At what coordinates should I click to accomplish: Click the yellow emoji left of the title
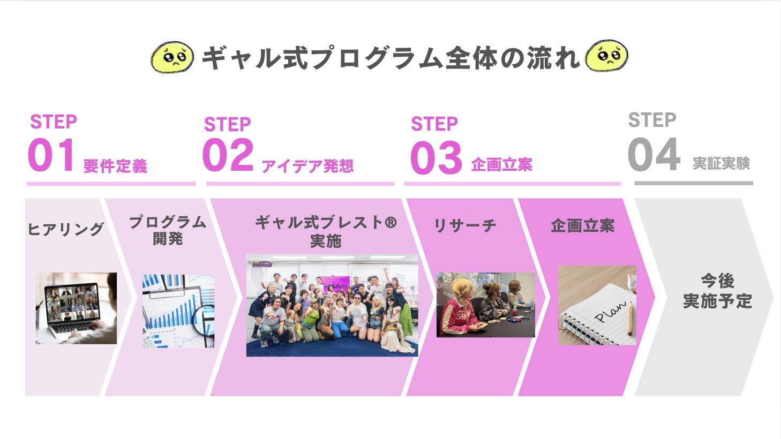click(172, 57)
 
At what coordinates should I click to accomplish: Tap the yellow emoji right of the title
click(607, 56)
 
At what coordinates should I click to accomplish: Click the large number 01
click(51, 155)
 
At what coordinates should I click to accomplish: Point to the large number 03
click(436, 157)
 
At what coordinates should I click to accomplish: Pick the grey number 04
click(654, 154)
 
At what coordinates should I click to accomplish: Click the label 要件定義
click(115, 166)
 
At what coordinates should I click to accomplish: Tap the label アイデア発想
click(307, 166)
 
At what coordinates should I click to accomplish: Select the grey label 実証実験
click(722, 163)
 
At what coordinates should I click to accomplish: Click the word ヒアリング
click(65, 229)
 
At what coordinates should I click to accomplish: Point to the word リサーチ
click(465, 226)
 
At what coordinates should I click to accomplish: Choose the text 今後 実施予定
click(718, 291)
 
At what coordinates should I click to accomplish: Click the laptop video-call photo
click(77, 308)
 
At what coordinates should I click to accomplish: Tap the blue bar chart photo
click(178, 311)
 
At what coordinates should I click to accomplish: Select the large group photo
click(332, 305)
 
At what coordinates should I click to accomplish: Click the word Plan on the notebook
click(610, 311)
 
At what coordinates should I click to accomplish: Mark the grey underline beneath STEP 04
click(694, 183)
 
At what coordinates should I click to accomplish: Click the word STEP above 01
click(54, 122)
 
